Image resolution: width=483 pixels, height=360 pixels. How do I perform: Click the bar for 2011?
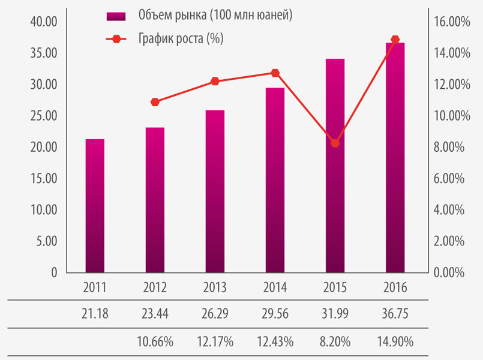(x=95, y=206)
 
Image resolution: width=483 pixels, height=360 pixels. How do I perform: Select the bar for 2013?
(x=215, y=191)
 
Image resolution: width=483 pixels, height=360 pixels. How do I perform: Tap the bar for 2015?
(x=335, y=166)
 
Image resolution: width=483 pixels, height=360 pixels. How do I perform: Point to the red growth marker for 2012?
(x=155, y=102)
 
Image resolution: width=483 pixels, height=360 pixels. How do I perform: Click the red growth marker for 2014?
(x=275, y=73)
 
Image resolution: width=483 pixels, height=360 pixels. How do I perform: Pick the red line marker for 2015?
(x=335, y=143)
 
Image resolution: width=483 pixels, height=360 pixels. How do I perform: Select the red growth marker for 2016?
(x=395, y=40)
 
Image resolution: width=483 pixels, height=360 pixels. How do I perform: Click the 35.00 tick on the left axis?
(x=44, y=53)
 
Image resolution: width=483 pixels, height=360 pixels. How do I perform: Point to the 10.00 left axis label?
(x=44, y=210)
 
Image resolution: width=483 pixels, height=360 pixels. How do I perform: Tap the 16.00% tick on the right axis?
(x=452, y=22)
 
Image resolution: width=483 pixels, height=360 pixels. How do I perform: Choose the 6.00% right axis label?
(x=449, y=178)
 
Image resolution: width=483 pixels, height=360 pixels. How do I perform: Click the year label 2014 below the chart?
(x=275, y=287)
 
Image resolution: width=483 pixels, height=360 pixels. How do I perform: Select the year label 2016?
(x=395, y=287)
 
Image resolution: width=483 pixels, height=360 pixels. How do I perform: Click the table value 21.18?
(x=95, y=313)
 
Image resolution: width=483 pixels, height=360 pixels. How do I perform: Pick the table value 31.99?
(x=335, y=313)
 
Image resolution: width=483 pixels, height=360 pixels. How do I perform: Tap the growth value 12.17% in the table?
(x=215, y=341)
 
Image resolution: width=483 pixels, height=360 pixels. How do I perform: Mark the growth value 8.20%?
(x=335, y=341)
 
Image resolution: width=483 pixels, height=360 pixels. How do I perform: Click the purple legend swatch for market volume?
(x=116, y=16)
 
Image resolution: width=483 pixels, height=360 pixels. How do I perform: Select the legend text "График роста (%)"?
(x=181, y=38)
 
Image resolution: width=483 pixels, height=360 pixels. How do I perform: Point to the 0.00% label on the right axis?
(x=449, y=272)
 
